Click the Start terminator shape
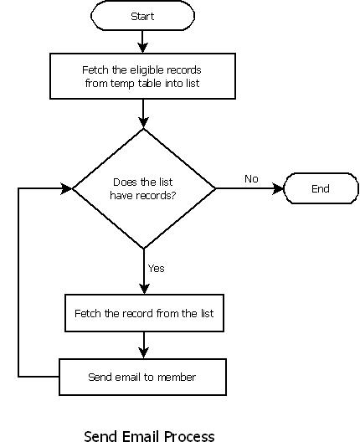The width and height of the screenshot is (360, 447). click(142, 16)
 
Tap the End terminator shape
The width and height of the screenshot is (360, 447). click(321, 188)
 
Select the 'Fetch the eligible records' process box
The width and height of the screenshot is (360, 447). click(143, 76)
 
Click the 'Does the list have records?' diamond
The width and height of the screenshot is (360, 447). click(144, 188)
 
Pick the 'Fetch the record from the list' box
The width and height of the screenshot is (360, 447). click(144, 313)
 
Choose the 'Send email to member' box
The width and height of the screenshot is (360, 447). click(142, 377)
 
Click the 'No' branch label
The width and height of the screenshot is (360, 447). click(251, 179)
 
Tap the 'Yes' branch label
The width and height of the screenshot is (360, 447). click(157, 268)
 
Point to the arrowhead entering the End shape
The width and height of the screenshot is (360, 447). click(278, 188)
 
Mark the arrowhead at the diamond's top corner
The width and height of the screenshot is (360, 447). click(143, 123)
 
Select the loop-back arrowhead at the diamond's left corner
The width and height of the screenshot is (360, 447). click(67, 188)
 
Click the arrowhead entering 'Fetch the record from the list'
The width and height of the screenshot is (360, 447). click(144, 289)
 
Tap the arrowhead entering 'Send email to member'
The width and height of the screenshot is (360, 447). click(144, 353)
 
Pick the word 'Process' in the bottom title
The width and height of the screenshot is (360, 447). click(189, 437)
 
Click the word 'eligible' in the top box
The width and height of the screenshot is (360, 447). click(147, 70)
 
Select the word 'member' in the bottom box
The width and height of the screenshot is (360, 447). click(177, 378)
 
